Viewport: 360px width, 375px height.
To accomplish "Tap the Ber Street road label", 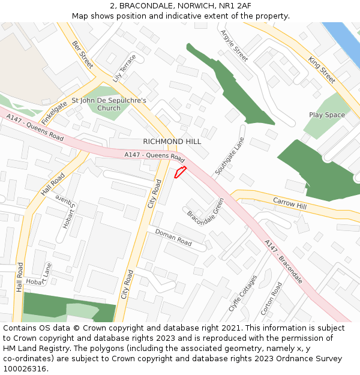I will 83,55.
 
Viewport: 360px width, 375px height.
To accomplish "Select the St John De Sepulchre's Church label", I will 109,104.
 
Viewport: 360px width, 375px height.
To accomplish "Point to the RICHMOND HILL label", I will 172,142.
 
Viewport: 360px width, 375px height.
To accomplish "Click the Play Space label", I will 327,115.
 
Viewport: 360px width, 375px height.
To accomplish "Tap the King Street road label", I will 322,69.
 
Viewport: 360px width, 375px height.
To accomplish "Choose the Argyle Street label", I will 234,46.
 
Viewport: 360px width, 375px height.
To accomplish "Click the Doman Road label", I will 173,238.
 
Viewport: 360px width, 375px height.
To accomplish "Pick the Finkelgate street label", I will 54,112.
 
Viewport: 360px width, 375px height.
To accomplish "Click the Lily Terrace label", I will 124,68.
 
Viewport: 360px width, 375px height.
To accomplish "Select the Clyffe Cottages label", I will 243,294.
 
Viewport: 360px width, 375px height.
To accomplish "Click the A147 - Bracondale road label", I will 283,262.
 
